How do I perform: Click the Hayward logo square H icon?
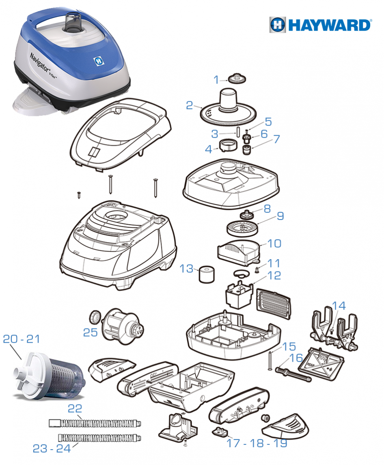(277, 24)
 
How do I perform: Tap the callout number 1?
(216, 79)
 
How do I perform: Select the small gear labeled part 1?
(237, 79)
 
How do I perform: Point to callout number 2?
(189, 105)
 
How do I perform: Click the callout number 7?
(277, 139)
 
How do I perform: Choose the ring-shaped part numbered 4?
(229, 145)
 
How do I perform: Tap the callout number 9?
(280, 216)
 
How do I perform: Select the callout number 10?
(274, 243)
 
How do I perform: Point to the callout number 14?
(339, 306)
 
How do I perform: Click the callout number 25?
(91, 333)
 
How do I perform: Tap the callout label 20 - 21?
(22, 339)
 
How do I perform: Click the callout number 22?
(75, 409)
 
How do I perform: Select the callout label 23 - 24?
(52, 449)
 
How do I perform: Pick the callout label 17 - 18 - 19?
(257, 444)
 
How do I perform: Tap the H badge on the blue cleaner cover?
(98, 61)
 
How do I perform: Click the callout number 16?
(296, 358)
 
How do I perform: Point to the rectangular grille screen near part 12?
(274, 303)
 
